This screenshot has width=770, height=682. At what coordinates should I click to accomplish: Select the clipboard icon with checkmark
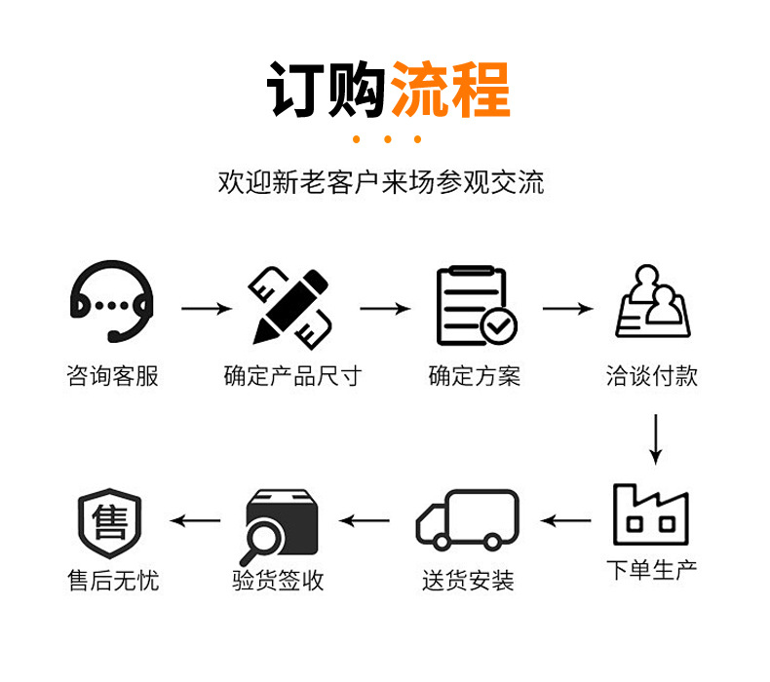tap(475, 306)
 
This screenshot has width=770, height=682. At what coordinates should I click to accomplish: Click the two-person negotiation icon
tap(652, 304)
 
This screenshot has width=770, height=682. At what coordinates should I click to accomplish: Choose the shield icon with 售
tap(109, 521)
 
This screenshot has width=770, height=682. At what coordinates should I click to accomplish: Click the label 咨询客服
tap(112, 376)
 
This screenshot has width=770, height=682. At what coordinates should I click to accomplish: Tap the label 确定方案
tap(475, 376)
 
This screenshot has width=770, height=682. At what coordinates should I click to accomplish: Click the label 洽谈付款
tap(652, 376)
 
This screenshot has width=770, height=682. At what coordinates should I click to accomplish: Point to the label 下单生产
tap(652, 569)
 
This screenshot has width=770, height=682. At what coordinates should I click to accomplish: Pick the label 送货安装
tap(468, 581)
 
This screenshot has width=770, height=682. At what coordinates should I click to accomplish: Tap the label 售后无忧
tap(112, 581)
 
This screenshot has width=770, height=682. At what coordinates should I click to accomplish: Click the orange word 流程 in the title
tap(450, 90)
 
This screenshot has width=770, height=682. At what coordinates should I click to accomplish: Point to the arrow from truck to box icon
tap(365, 521)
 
